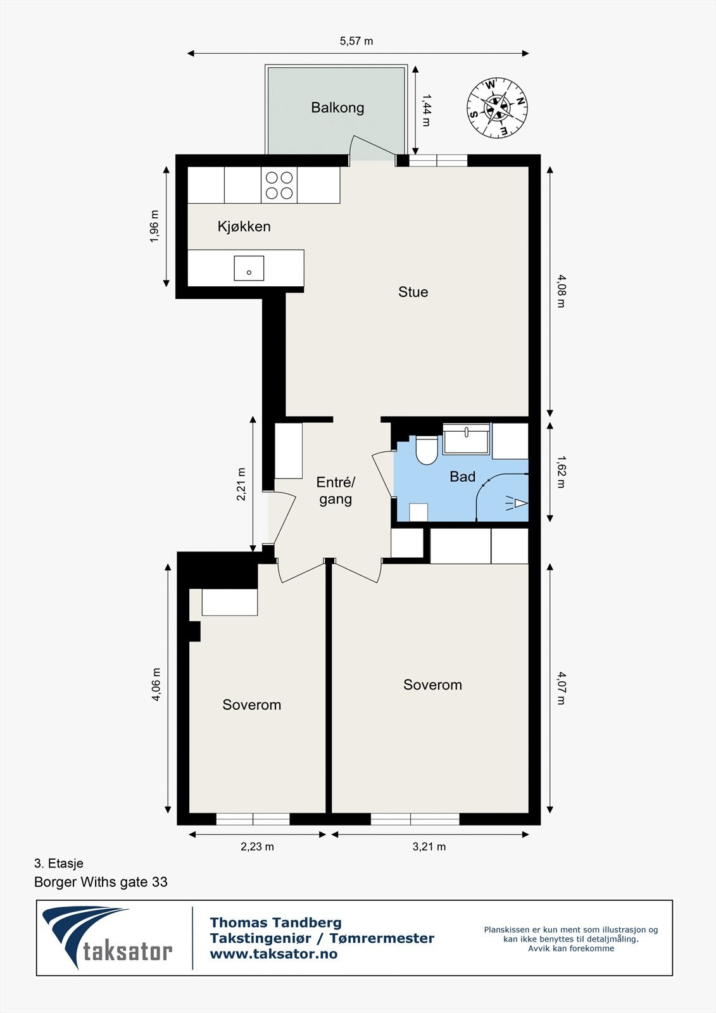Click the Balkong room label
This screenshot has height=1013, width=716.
(x=337, y=108)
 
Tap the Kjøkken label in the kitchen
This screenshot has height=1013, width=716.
(x=244, y=226)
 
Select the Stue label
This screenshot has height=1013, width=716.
(x=413, y=292)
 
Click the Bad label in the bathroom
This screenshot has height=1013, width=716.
(x=462, y=476)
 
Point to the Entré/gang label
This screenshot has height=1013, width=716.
(x=336, y=491)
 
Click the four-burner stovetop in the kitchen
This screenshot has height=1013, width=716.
(x=279, y=185)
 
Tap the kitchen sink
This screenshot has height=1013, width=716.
(x=249, y=268)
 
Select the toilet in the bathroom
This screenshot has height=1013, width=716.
(x=426, y=450)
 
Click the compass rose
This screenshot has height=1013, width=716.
(x=497, y=108)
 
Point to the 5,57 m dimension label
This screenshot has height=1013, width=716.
(x=356, y=41)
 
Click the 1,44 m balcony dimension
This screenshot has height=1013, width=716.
(x=426, y=110)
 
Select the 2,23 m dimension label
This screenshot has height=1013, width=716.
(x=257, y=846)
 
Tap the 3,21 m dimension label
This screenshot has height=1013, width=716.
(x=429, y=846)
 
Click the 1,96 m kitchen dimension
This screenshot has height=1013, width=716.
(x=154, y=226)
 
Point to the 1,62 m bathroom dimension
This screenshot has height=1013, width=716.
(x=561, y=472)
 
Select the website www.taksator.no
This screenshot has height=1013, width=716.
(x=273, y=954)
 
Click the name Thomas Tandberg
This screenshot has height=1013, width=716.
(x=276, y=922)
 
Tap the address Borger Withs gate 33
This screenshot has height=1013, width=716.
(x=101, y=882)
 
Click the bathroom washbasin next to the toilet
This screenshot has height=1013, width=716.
(x=466, y=439)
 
